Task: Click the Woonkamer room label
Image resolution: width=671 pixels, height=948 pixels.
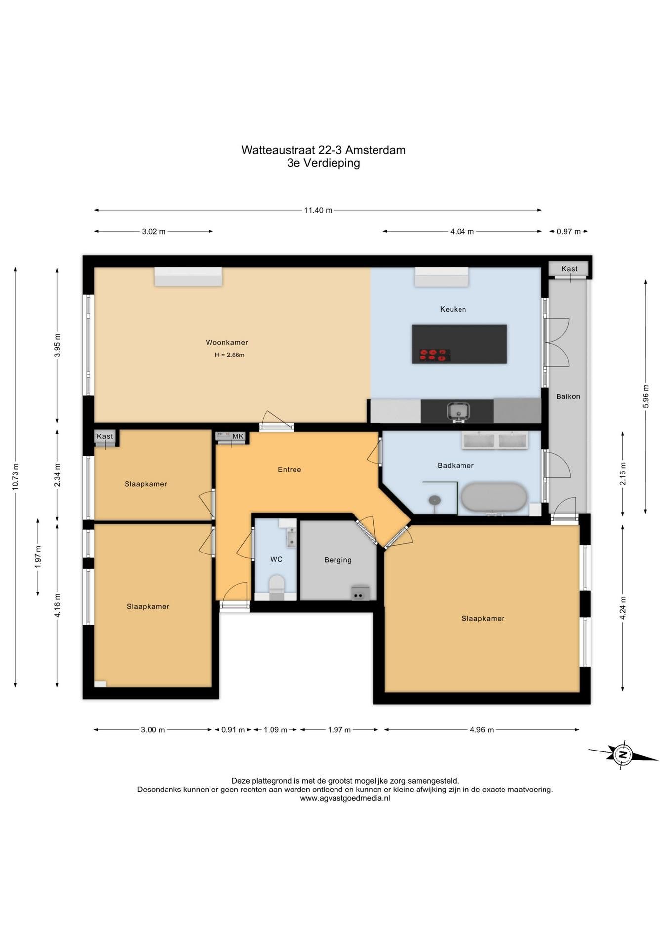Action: pyautogui.click(x=227, y=342)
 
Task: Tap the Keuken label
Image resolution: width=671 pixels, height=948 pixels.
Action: pyautogui.click(x=453, y=309)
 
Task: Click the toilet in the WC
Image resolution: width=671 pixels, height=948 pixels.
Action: pyautogui.click(x=276, y=586)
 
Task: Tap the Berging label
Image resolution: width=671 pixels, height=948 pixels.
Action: pyautogui.click(x=338, y=560)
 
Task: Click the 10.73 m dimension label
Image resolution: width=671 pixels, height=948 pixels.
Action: pyautogui.click(x=15, y=476)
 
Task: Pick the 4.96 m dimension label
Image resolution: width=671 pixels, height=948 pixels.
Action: pyautogui.click(x=482, y=730)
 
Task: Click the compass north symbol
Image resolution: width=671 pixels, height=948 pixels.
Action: pyautogui.click(x=623, y=755)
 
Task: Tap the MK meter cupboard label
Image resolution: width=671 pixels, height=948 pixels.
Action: pyautogui.click(x=238, y=436)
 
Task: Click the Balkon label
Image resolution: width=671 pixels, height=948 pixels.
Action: pyautogui.click(x=568, y=396)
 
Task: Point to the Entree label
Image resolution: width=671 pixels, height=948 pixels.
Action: pyautogui.click(x=290, y=469)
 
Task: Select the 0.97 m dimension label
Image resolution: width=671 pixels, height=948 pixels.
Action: pyautogui.click(x=569, y=231)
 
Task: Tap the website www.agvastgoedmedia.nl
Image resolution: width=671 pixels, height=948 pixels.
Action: pyautogui.click(x=345, y=798)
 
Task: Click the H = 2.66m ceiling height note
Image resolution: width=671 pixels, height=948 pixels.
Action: pyautogui.click(x=229, y=355)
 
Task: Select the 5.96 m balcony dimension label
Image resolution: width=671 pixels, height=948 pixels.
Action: pyautogui.click(x=646, y=396)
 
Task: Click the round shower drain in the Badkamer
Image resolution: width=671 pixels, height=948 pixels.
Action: pyautogui.click(x=435, y=500)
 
